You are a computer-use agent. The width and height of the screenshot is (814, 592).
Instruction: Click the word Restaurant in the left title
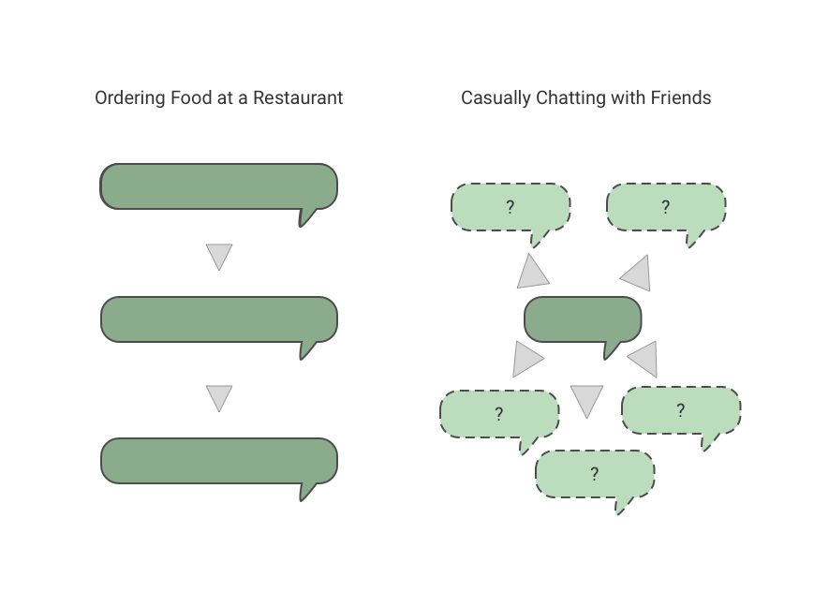298,97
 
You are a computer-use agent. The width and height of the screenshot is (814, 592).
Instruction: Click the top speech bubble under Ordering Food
218,185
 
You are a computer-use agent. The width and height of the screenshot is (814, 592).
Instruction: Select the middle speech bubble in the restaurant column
218,318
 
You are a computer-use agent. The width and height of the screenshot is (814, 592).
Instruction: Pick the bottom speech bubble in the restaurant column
218,460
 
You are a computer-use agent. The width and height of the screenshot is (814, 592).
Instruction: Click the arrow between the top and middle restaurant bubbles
218,256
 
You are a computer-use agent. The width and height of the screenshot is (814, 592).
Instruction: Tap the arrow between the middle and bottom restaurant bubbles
218,397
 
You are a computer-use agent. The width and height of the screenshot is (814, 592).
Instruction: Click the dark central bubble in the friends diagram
583,318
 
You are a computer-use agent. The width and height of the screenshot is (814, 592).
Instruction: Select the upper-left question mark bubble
511,207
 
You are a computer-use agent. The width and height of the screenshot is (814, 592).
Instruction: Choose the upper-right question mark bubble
665,207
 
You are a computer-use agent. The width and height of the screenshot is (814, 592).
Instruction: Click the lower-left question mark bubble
499,413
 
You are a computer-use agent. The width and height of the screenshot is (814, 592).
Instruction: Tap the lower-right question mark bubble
680,409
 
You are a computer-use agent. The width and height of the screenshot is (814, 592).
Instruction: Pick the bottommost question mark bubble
594,474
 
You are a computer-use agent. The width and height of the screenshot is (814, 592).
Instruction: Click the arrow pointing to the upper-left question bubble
533,272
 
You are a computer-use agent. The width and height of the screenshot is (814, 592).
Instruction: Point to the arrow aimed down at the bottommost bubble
586,400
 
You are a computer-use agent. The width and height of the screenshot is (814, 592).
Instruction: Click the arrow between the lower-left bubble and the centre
527,359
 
